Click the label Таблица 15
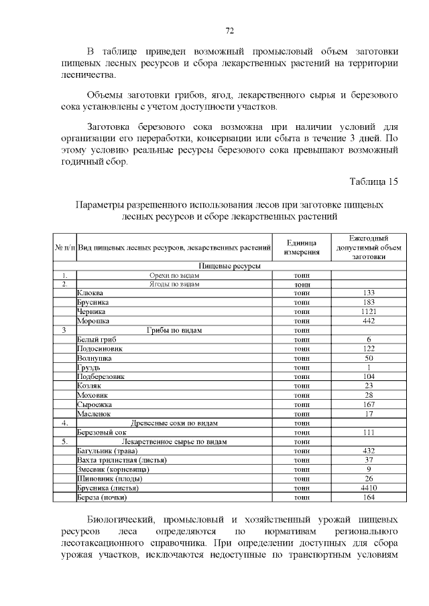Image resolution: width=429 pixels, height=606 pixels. point(374,181)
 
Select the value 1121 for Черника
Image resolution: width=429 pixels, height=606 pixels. point(369,311)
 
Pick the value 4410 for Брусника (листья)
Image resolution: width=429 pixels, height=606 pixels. point(369,488)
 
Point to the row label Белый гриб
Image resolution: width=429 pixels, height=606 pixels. point(93,339)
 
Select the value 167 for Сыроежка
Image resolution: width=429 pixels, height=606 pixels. point(369,404)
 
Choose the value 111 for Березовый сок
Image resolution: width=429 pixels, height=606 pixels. point(369,433)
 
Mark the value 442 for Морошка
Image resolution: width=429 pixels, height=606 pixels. point(369,321)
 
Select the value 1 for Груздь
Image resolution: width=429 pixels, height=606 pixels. point(369,368)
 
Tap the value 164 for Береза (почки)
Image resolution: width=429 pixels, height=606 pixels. point(369,498)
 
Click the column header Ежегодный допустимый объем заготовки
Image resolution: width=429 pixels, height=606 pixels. point(369,248)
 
